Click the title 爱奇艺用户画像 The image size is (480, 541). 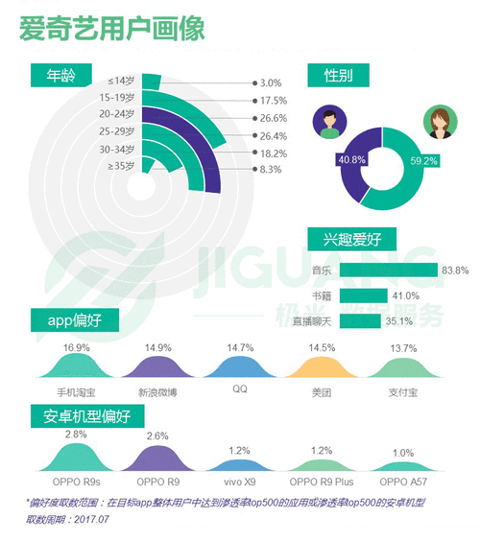112,28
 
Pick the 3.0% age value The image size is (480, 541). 270,83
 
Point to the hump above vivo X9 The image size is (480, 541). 239,462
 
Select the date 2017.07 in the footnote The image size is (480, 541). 93,519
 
